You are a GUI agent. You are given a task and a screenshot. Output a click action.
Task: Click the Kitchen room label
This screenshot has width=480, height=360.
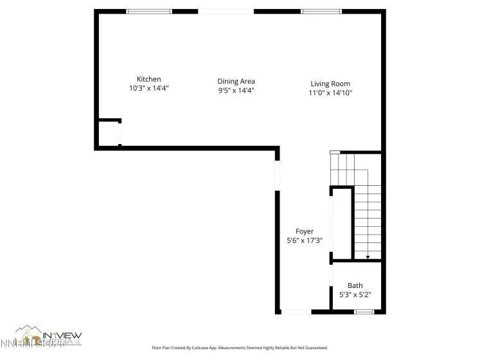point(148,79)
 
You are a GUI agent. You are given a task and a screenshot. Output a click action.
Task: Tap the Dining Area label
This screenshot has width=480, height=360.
point(236,81)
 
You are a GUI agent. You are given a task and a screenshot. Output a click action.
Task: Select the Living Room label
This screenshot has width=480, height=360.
point(330,84)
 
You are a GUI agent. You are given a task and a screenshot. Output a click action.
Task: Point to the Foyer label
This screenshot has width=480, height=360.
point(304,231)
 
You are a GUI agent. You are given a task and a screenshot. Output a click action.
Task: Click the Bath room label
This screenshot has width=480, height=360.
point(355,285)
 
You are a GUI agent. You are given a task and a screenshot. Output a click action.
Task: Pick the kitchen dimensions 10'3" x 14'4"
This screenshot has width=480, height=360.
point(148,89)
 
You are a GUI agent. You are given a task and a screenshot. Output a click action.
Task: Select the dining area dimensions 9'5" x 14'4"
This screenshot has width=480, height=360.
point(236,91)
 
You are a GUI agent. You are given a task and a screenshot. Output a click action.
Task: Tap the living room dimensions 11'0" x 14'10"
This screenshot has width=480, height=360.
point(330,93)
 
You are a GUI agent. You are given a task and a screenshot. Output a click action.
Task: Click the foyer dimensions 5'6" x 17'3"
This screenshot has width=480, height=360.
point(304,240)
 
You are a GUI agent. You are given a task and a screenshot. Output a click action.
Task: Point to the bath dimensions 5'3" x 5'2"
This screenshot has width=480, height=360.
point(355,295)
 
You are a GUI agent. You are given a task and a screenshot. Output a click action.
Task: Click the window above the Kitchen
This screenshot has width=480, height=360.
point(149,12)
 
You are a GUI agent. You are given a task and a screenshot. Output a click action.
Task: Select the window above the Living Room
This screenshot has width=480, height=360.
point(321,12)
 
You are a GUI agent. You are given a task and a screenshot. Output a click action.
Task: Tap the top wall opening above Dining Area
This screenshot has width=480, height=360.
point(226,12)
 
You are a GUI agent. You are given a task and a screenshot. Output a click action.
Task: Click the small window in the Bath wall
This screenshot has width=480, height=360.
point(364,312)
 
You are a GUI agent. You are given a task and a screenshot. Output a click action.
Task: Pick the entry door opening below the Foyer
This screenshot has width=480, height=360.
point(296,312)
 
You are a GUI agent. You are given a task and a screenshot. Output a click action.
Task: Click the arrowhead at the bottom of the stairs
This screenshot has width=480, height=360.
point(368,257)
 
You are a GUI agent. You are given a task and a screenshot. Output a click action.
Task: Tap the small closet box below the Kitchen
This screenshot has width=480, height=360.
point(109,134)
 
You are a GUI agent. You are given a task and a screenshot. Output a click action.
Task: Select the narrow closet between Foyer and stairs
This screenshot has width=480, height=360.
point(341,223)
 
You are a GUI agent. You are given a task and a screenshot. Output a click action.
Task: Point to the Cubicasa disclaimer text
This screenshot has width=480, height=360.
point(239,348)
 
